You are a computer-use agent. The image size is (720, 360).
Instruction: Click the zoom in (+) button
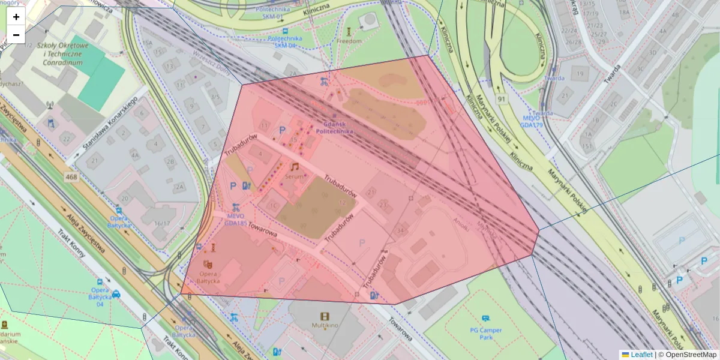coord(16,17)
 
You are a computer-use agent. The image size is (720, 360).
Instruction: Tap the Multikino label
coord(325,326)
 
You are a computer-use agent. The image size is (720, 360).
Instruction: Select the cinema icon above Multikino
coord(325,316)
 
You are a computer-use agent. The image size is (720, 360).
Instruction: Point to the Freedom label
coord(349,41)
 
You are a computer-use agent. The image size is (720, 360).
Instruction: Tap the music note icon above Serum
coord(295,167)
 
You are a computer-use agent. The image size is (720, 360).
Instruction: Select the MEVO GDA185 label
coord(236,219)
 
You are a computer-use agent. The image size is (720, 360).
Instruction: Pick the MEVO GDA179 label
coord(531,121)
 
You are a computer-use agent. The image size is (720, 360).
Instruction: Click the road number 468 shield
coord(72,177)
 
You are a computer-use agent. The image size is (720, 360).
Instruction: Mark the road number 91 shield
coord(500,98)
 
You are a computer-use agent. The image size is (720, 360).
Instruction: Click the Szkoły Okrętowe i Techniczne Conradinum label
coord(62,54)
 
